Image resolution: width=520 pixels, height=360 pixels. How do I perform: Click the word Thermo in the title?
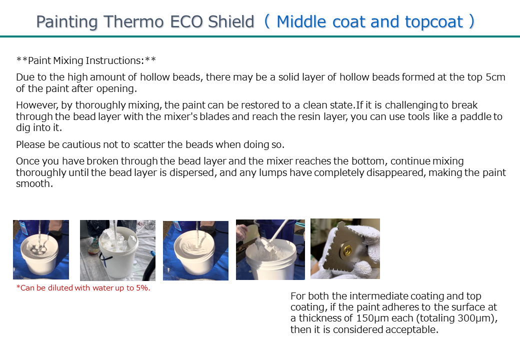133,22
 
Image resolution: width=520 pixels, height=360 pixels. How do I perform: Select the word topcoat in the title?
434,22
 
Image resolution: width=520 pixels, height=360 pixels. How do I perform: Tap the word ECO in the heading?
186,22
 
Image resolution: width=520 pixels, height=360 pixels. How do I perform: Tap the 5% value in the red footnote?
142,287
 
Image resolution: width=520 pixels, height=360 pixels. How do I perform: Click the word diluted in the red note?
60,287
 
